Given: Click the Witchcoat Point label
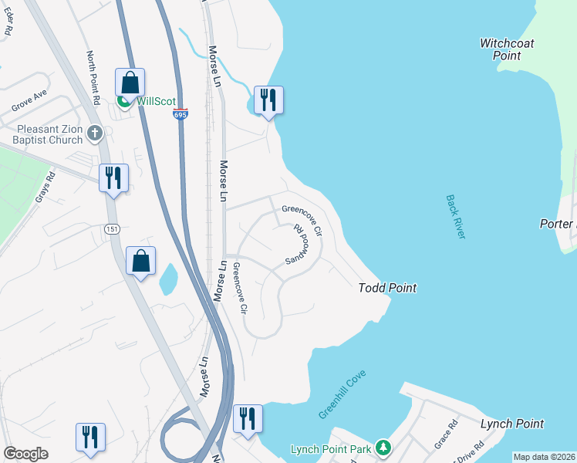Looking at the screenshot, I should [x=507, y=49].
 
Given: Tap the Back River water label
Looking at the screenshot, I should [x=456, y=216].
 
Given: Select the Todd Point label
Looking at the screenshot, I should [x=387, y=288].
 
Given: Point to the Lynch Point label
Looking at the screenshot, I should [x=511, y=424].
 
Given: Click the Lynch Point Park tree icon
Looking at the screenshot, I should [x=383, y=448].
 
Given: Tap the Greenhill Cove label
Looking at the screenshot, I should [x=342, y=394].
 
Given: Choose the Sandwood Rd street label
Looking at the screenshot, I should [x=296, y=246].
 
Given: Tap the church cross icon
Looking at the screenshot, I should [x=95, y=133].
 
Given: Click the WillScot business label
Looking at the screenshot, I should [x=157, y=101].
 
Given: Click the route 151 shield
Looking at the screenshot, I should [x=113, y=228].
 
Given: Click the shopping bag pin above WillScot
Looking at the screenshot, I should [x=130, y=82].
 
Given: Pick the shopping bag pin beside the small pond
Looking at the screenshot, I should [x=141, y=261].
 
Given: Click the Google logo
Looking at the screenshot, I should [x=25, y=454].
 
